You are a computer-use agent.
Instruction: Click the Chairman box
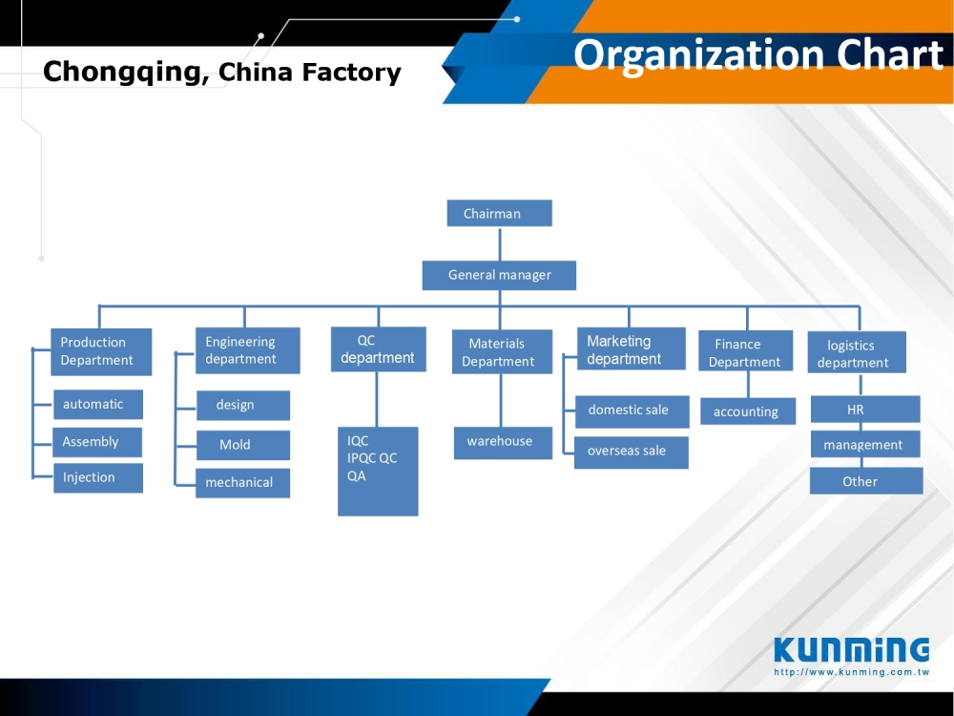point(500,213)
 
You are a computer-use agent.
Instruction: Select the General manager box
point(499,275)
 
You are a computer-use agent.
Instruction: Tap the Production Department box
point(101,352)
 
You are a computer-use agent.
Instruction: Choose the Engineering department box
point(248,350)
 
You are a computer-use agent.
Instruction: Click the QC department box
point(379,349)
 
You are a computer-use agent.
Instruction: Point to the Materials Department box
point(502,352)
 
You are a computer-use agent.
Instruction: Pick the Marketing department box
point(631,348)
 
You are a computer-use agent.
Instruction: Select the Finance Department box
point(745,350)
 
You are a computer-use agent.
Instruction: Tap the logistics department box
point(857,352)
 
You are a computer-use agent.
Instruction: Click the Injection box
point(98,478)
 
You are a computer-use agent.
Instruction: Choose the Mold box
point(242,445)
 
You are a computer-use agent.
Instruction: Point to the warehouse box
point(503,443)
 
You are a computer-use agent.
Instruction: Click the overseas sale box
point(632,453)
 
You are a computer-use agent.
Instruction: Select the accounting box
point(748,411)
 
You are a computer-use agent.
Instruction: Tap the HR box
point(865,410)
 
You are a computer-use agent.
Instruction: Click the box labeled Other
point(866,481)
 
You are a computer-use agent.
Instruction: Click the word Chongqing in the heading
point(122,72)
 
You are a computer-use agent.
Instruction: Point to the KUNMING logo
point(851,649)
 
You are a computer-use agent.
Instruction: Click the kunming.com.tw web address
point(851,672)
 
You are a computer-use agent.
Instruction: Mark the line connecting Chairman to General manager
point(500,243)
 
